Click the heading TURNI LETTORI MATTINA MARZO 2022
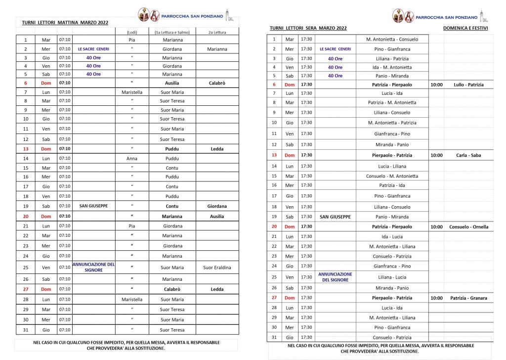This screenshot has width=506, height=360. point(65,22)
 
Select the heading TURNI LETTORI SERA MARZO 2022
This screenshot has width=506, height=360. point(308,28)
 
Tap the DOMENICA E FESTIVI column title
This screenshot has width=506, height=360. point(466,28)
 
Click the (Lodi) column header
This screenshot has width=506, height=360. point(132,32)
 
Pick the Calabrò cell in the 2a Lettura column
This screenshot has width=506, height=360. point(217,83)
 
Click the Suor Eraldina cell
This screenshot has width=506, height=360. point(217,268)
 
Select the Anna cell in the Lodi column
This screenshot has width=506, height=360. point(132,159)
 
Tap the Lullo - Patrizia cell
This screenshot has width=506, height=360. point(468,85)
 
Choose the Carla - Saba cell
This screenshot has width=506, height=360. point(468,155)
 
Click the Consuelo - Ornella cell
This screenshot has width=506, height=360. point(468,227)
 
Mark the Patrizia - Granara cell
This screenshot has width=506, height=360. point(468,298)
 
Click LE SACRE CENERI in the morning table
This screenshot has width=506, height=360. point(93,49)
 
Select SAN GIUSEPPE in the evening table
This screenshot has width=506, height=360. point(335,217)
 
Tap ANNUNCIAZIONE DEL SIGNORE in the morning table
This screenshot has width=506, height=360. point(94,268)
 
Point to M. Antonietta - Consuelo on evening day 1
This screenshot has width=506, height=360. point(392,39)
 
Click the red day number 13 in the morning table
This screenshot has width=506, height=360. point(26,149)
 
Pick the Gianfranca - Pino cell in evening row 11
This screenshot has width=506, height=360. point(392,134)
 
